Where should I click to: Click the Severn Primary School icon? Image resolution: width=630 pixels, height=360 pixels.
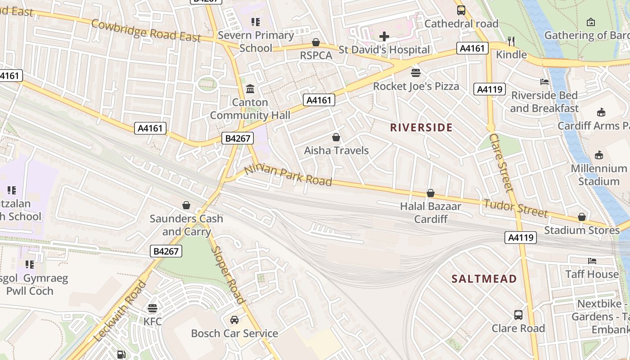(256, 22)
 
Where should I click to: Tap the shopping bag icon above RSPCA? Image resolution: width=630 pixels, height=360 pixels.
(316, 42)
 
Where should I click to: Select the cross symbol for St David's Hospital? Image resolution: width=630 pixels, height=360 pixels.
(384, 36)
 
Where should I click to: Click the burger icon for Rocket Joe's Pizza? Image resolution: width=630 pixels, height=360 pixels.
(416, 72)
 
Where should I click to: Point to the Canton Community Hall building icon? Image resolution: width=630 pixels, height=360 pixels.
(250, 89)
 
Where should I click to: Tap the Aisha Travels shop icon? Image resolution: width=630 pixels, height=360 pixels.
(336, 137)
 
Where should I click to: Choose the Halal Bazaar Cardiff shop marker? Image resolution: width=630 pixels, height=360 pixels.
(431, 193)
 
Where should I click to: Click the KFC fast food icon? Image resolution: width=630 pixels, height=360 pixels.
(153, 308)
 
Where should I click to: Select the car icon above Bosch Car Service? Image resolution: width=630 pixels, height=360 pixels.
(234, 320)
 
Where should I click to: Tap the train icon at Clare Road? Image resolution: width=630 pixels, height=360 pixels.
(518, 315)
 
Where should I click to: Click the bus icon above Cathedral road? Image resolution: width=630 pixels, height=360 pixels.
(461, 10)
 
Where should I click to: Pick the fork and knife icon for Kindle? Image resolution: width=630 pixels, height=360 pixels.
(511, 41)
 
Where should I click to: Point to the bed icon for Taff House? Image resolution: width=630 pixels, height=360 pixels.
(592, 261)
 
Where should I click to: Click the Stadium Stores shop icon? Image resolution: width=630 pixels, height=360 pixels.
(582, 217)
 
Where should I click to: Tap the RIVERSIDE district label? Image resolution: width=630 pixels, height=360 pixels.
(421, 127)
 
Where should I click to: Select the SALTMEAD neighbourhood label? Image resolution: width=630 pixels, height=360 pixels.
(484, 279)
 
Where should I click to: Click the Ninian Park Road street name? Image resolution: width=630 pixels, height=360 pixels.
(288, 175)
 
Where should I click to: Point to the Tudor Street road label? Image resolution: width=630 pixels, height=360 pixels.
(516, 207)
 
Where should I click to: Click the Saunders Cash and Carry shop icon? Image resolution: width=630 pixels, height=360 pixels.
(186, 205)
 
